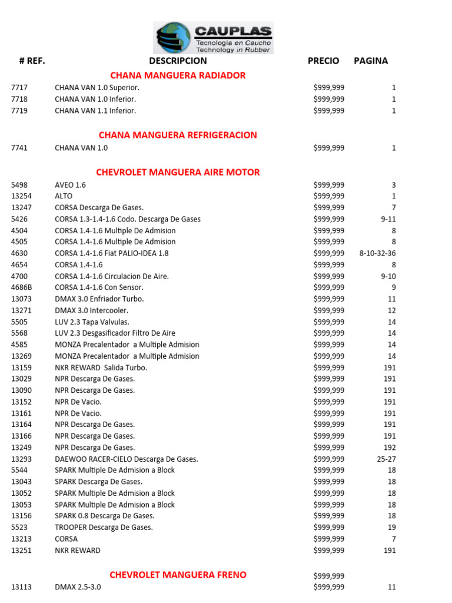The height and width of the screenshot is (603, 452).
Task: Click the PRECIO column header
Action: (x=323, y=61)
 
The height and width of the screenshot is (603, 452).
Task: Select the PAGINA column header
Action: (x=371, y=61)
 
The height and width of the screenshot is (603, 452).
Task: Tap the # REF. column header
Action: (x=32, y=61)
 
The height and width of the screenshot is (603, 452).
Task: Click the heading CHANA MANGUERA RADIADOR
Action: (x=178, y=75)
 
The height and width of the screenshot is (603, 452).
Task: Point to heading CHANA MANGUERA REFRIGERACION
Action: (x=178, y=135)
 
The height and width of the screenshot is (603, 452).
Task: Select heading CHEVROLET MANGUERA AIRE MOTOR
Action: (x=178, y=173)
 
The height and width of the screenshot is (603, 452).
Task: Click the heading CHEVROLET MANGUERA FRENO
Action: (x=178, y=575)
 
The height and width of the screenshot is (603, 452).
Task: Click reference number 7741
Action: (x=19, y=148)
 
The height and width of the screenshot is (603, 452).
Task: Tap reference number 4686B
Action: (x=22, y=287)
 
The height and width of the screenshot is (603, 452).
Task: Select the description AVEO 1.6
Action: (x=70, y=185)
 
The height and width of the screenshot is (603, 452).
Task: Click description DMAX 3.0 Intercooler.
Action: (x=91, y=310)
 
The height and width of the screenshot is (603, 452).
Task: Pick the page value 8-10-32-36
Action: (x=377, y=253)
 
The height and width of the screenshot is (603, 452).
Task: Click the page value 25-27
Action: (x=386, y=459)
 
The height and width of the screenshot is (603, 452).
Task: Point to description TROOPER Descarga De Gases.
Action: (x=104, y=527)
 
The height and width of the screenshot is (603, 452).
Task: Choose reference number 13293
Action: (x=22, y=459)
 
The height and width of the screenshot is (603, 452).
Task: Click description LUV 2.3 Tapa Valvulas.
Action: (x=92, y=322)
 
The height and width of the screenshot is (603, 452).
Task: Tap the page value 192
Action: (x=390, y=448)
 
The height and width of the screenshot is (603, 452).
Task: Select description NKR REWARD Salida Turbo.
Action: (x=101, y=367)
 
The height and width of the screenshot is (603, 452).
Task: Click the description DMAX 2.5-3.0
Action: (x=78, y=587)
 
